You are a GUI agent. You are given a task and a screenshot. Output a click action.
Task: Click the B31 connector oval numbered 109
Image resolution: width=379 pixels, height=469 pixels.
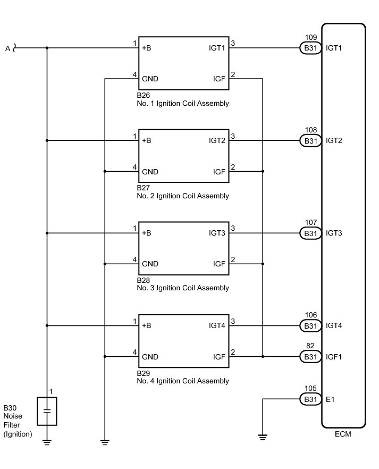click(x=309, y=48)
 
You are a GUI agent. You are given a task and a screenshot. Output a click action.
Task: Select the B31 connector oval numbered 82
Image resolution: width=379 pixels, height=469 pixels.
click(x=309, y=357)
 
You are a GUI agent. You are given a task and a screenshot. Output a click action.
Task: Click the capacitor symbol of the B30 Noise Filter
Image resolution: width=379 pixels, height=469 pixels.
click(x=47, y=411)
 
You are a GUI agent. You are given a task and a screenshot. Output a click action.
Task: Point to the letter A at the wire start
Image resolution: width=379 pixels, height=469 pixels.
click(x=7, y=48)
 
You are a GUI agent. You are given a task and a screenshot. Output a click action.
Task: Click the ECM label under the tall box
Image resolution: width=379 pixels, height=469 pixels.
click(x=343, y=434)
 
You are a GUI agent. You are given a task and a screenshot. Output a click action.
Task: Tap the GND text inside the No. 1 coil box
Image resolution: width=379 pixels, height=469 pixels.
click(x=150, y=79)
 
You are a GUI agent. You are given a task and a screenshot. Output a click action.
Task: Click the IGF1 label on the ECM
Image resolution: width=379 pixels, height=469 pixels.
click(x=334, y=357)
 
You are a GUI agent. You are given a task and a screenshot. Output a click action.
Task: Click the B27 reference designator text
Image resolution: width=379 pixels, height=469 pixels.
click(x=144, y=188)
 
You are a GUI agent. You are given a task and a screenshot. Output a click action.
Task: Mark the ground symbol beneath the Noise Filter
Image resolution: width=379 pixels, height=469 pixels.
click(x=47, y=441)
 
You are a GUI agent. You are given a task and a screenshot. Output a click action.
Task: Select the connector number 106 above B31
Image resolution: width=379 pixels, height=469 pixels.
click(x=311, y=315)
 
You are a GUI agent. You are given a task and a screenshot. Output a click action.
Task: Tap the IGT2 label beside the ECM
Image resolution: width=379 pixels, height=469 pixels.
click(x=334, y=141)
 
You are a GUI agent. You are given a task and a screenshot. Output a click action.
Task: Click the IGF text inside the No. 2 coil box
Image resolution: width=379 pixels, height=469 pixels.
click(x=219, y=172)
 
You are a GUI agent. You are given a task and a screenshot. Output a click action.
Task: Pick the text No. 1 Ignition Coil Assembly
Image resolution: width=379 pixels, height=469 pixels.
click(x=183, y=104)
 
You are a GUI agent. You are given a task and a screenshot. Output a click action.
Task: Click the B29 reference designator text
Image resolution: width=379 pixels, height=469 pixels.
click(x=144, y=373)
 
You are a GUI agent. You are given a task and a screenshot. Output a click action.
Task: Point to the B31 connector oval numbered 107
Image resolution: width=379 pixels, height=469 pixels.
click(x=309, y=233)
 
